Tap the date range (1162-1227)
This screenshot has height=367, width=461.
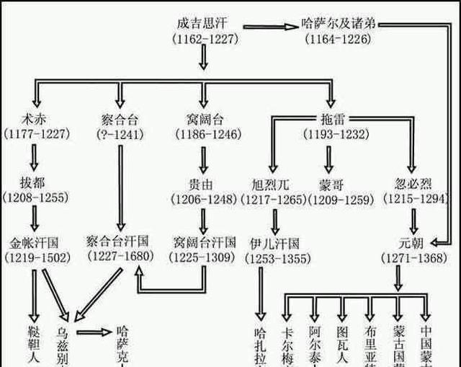point(205,39)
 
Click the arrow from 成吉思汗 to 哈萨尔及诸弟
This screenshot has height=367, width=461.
point(269,27)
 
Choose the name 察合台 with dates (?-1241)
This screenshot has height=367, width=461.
point(120,118)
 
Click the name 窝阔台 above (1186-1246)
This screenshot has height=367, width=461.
point(203,118)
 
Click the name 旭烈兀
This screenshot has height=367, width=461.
point(273,181)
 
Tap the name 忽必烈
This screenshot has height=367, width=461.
point(414,181)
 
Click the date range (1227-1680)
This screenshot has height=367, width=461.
point(120,256)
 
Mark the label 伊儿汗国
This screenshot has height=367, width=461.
point(274,242)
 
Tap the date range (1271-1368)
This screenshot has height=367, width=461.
point(414,256)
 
